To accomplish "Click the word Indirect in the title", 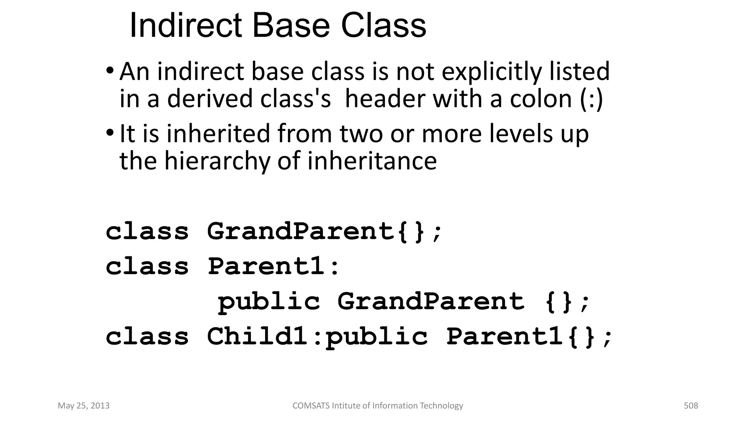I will (186, 26).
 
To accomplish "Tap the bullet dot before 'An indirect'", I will (110, 70).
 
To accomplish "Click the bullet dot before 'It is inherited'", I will (110, 132).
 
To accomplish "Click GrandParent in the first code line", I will (301, 232).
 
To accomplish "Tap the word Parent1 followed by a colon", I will (266, 266).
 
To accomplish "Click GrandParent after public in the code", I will (431, 301).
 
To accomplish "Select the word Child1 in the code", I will (257, 336).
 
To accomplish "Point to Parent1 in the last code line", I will (505, 336).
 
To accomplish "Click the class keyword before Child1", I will (147, 336).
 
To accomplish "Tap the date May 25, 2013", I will (84, 406).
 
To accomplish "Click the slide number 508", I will (691, 406).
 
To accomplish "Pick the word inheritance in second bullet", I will (372, 162).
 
